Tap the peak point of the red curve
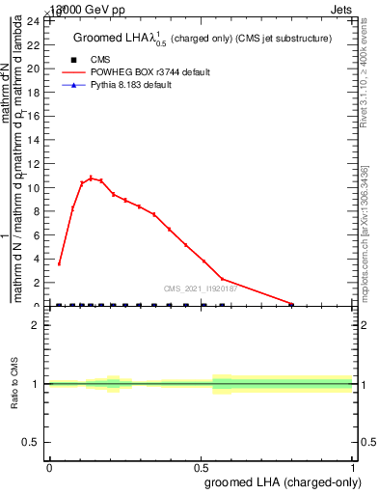91,178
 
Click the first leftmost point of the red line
59,263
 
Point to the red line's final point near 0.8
291,304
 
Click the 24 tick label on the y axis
33,21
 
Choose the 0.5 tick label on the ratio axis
31,442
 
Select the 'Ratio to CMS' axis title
14,384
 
